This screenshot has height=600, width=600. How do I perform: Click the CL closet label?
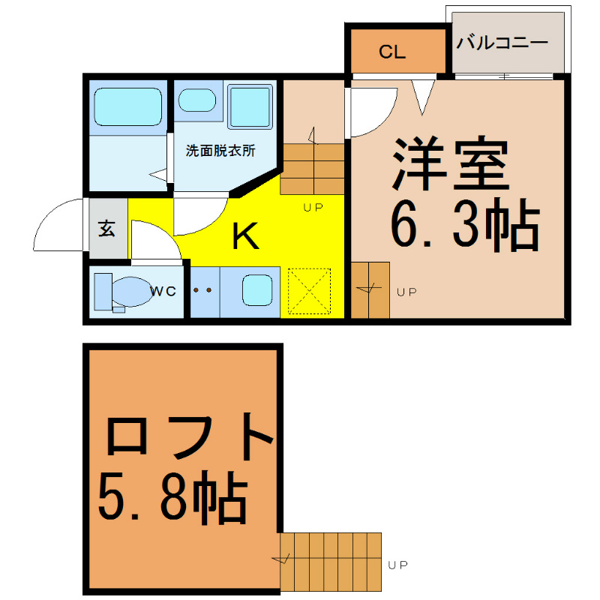click(x=391, y=52)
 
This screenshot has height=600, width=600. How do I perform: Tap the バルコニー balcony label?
click(x=502, y=42)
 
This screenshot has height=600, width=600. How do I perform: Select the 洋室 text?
click(x=451, y=163)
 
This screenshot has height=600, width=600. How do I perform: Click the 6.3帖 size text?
click(x=465, y=225)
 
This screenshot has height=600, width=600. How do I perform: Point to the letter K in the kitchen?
click(x=246, y=235)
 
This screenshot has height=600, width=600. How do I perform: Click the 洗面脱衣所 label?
click(x=220, y=151)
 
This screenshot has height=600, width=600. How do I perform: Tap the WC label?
click(x=163, y=291)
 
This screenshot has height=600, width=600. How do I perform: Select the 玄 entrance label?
click(x=106, y=228)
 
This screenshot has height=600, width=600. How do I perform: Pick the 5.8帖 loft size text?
click(x=173, y=497)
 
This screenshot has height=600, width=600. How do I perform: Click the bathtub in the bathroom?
click(x=127, y=106)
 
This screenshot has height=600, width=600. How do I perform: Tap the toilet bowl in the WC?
click(x=132, y=292)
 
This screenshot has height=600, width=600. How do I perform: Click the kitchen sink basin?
click(x=257, y=290)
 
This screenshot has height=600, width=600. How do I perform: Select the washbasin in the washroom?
click(x=197, y=100)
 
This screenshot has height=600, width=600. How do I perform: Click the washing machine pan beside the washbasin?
click(x=250, y=106)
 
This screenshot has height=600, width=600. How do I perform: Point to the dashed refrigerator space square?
click(x=309, y=291)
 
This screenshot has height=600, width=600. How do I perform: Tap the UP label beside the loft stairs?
click(x=398, y=565)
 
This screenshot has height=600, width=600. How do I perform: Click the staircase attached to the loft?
click(x=331, y=562)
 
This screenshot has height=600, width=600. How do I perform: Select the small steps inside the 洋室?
click(x=370, y=290)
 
